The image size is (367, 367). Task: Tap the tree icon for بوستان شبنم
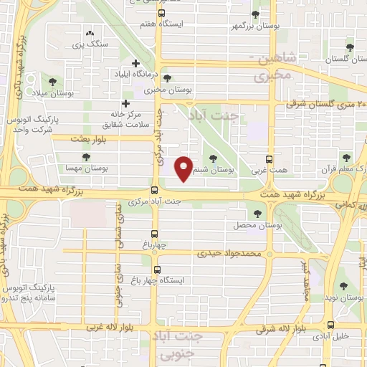pyautogui.click(x=212, y=159)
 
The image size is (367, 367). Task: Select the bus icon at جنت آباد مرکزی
pyautogui.click(x=155, y=190)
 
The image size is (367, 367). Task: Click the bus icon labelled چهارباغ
pyautogui.click(x=155, y=234)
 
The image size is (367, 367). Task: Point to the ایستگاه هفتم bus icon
pyautogui.click(x=161, y=12)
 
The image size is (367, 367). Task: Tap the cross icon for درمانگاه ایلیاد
pyautogui.click(x=135, y=64)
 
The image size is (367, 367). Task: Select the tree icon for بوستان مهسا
pyautogui.click(x=86, y=157)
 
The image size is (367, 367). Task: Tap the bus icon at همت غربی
pyautogui.click(x=270, y=159)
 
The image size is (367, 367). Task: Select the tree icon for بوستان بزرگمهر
pyautogui.click(x=256, y=14)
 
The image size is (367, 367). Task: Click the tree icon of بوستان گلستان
pyautogui.click(x=350, y=48)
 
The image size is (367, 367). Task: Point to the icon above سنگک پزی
pyautogui.click(x=90, y=33)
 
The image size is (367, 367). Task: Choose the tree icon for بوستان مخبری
pyautogui.click(x=167, y=78)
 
